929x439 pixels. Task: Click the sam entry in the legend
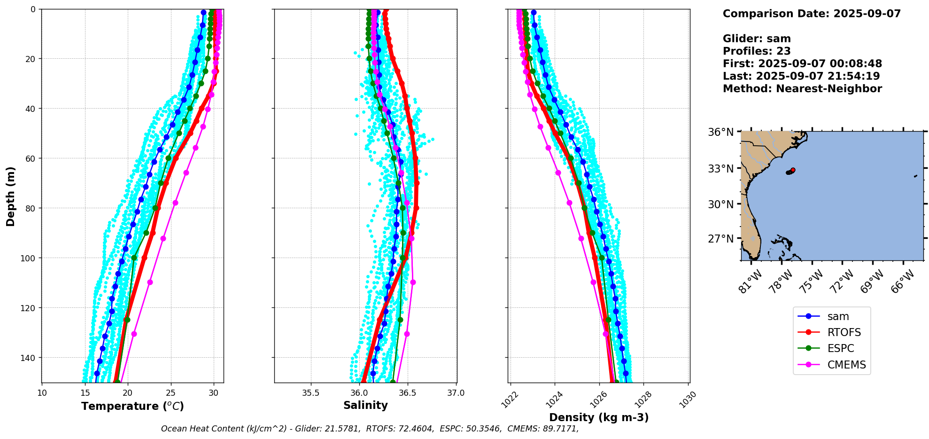(x=838, y=317)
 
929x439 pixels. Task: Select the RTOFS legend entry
(x=844, y=333)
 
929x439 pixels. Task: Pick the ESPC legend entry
(x=840, y=349)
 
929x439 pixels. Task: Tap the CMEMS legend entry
(x=846, y=365)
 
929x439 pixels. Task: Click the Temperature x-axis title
(x=132, y=407)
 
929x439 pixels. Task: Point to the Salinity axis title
(x=365, y=406)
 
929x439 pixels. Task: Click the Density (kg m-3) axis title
(x=599, y=417)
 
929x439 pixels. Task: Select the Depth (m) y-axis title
(x=11, y=196)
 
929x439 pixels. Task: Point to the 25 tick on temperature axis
(x=171, y=393)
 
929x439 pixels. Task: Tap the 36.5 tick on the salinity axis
(x=407, y=393)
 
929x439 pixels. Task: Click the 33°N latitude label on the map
(x=720, y=169)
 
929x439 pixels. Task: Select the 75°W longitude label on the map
(x=812, y=282)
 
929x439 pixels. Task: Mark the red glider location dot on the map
(x=793, y=170)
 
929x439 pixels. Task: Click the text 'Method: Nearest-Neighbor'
(x=802, y=89)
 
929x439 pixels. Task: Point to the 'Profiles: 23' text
(x=757, y=51)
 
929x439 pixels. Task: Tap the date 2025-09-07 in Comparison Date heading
(x=867, y=14)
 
